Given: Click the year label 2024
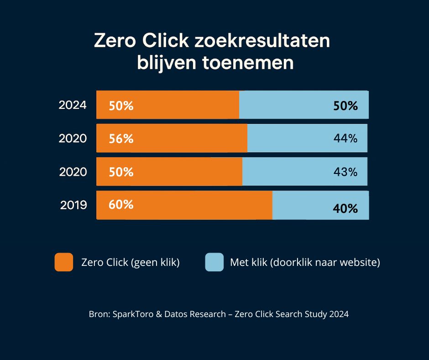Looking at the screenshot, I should coord(72,105).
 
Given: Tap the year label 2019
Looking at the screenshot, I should coord(73,205).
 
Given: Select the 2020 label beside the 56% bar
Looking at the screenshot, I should coord(72,138).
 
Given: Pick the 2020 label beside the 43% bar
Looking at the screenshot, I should coord(73,172).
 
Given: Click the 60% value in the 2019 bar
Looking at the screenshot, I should coord(121,205).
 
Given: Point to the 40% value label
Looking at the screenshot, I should coord(345,209).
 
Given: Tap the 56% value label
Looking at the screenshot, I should coord(121,139).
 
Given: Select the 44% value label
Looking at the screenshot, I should coord(345,138).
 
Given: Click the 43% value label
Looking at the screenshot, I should coord(345,172).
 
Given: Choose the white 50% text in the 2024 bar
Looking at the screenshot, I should coord(121,106).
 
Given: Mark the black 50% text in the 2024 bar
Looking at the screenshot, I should coord(345,106).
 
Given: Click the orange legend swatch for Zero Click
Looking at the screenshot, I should coord(64,262).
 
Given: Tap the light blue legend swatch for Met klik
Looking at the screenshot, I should coord(214,262).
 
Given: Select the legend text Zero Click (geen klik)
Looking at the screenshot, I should coord(130,263).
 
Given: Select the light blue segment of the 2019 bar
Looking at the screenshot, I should coord(320,205).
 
